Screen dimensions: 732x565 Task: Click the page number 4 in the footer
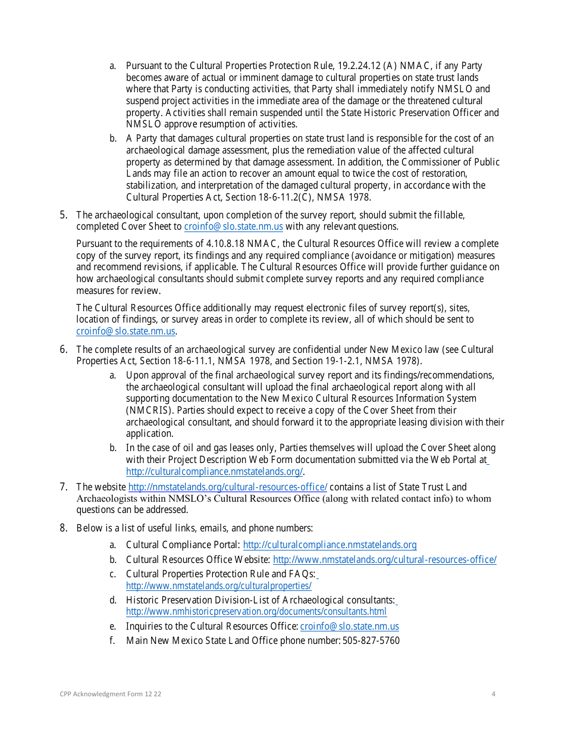pyautogui.click(x=494, y=694)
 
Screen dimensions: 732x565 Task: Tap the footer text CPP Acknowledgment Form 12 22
pyautogui.click(x=110, y=694)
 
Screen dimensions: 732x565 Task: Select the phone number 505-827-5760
pyautogui.click(x=371, y=641)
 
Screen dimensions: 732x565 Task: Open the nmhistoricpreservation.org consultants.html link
pyautogui.click(x=256, y=612)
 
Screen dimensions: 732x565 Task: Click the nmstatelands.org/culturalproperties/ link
pyautogui.click(x=218, y=586)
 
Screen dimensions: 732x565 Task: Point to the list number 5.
pyautogui.click(x=63, y=215)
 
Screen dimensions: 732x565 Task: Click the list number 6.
pyautogui.click(x=63, y=349)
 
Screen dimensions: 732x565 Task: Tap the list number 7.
pyautogui.click(x=63, y=487)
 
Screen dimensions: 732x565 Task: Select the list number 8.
pyautogui.click(x=63, y=528)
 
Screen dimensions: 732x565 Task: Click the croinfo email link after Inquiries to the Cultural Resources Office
pyautogui.click(x=349, y=627)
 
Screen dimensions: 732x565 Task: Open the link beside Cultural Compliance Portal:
pyautogui.click(x=329, y=545)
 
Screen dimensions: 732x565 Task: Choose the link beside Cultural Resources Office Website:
pyautogui.click(x=384, y=559)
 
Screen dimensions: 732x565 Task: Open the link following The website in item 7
pyautogui.click(x=228, y=487)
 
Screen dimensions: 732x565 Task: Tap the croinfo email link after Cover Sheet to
pyautogui.click(x=233, y=227)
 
